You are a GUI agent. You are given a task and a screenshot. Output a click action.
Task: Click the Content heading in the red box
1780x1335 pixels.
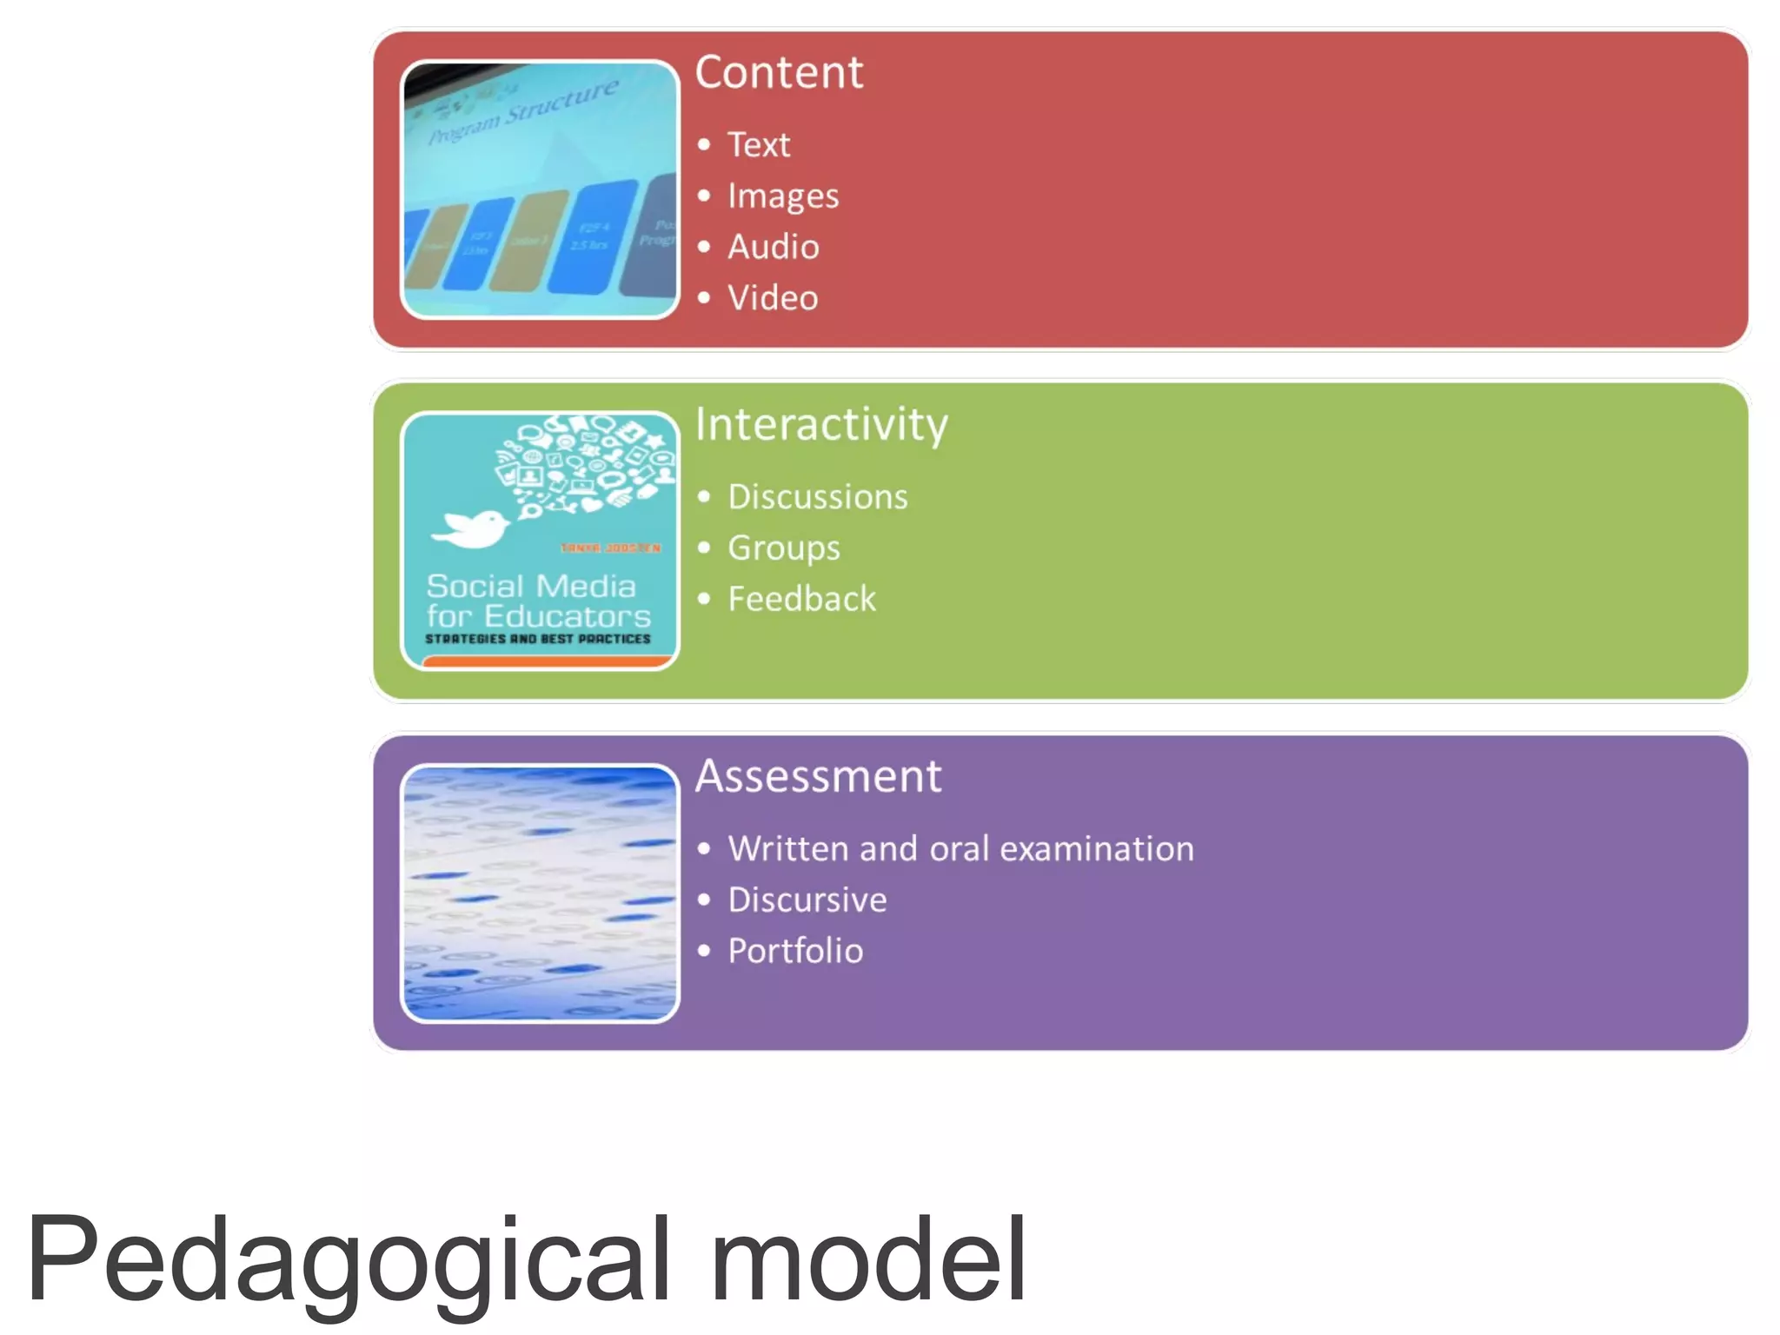click(x=779, y=72)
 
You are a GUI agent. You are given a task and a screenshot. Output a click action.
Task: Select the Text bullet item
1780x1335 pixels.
click(x=758, y=144)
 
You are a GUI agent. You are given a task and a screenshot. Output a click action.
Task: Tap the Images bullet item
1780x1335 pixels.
click(x=782, y=196)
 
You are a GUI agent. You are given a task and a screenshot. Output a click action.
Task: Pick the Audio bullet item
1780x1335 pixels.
click(x=773, y=247)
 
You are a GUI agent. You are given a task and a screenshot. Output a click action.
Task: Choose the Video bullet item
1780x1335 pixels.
click(x=773, y=298)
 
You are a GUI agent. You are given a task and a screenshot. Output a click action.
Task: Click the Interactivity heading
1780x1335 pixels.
click(x=820, y=425)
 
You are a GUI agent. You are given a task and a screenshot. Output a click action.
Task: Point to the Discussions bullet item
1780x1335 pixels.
click(x=817, y=497)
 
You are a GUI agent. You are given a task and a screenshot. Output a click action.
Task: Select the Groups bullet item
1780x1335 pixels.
click(x=783, y=548)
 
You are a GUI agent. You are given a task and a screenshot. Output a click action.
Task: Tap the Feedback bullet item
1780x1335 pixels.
click(x=801, y=599)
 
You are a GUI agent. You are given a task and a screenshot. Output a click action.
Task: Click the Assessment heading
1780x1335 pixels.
click(x=818, y=776)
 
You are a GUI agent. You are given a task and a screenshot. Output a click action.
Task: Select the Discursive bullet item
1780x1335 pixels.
click(x=807, y=900)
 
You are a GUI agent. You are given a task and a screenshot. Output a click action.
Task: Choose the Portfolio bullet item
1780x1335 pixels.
click(x=795, y=951)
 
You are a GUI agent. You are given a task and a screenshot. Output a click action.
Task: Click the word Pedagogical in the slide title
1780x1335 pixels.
click(x=348, y=1260)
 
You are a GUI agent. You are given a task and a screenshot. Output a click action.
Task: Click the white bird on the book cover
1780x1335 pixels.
click(x=472, y=528)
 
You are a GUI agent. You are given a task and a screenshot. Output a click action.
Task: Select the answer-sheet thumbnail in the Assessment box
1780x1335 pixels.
click(x=540, y=893)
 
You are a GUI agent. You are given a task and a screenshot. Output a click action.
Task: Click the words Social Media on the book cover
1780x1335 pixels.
click(x=531, y=586)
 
